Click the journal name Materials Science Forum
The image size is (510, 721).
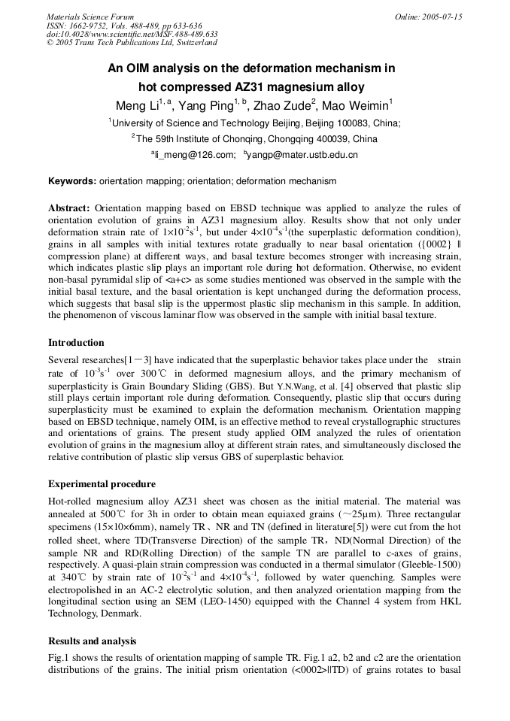pos(90,17)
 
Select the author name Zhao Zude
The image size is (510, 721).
pos(282,105)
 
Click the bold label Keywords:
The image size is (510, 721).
pos(72,181)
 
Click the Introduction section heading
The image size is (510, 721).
pos(77,343)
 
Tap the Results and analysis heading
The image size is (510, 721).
pos(93,641)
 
